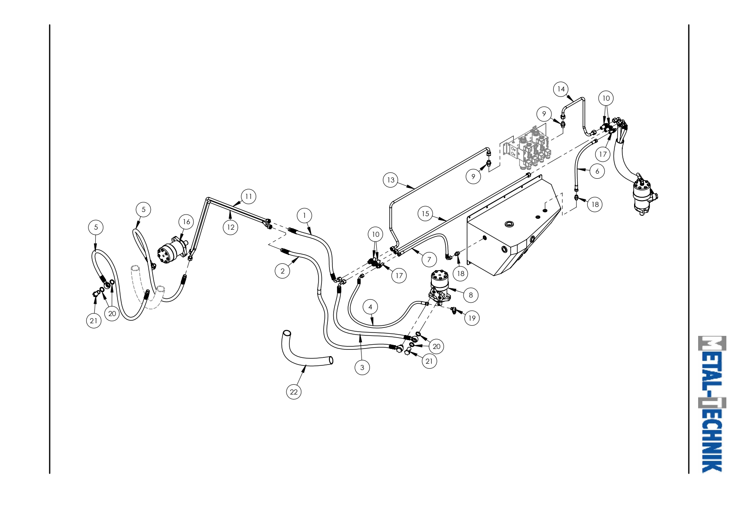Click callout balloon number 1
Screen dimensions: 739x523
click(304, 215)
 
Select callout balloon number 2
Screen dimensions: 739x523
click(283, 271)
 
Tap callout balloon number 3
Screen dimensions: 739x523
click(362, 367)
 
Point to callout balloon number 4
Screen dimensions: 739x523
click(370, 307)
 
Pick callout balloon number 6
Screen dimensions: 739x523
click(597, 171)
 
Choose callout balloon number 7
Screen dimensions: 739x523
click(429, 259)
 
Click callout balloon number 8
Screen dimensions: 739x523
click(471, 295)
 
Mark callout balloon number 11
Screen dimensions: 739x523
click(249, 196)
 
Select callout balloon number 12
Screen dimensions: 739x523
click(230, 227)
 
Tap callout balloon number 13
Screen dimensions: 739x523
click(391, 180)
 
